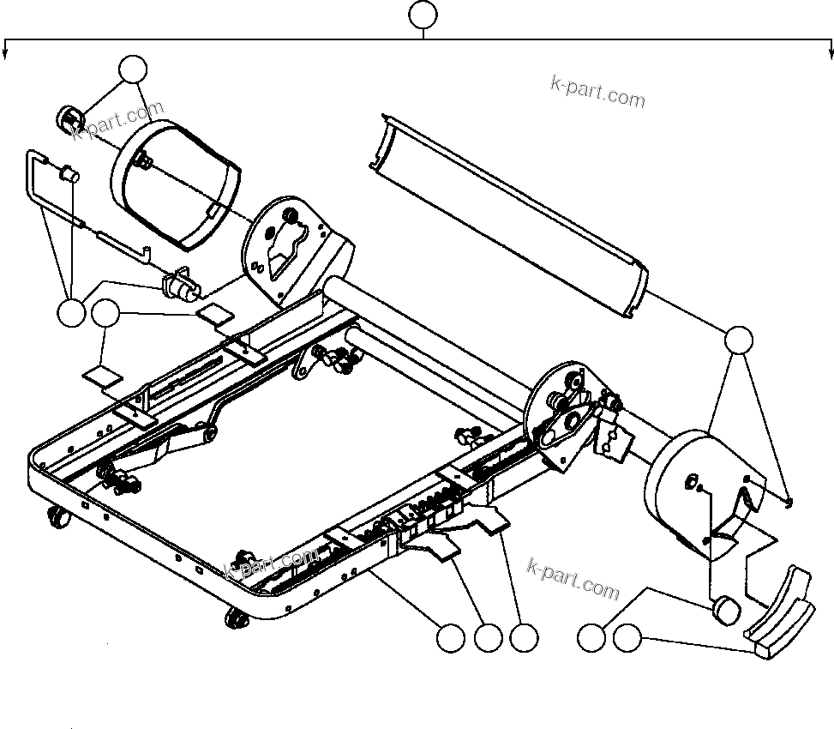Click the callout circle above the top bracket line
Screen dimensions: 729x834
point(423,15)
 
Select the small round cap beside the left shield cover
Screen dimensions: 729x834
point(68,118)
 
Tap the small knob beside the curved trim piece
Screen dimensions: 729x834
point(727,612)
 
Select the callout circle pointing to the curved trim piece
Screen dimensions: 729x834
point(627,638)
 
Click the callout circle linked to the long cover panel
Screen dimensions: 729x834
point(739,340)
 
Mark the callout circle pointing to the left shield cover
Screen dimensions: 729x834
point(132,69)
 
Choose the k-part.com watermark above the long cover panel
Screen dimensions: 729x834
point(597,92)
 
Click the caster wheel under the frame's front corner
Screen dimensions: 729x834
point(233,618)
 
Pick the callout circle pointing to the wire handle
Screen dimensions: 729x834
point(72,313)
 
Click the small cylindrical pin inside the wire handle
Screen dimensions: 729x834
point(67,176)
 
